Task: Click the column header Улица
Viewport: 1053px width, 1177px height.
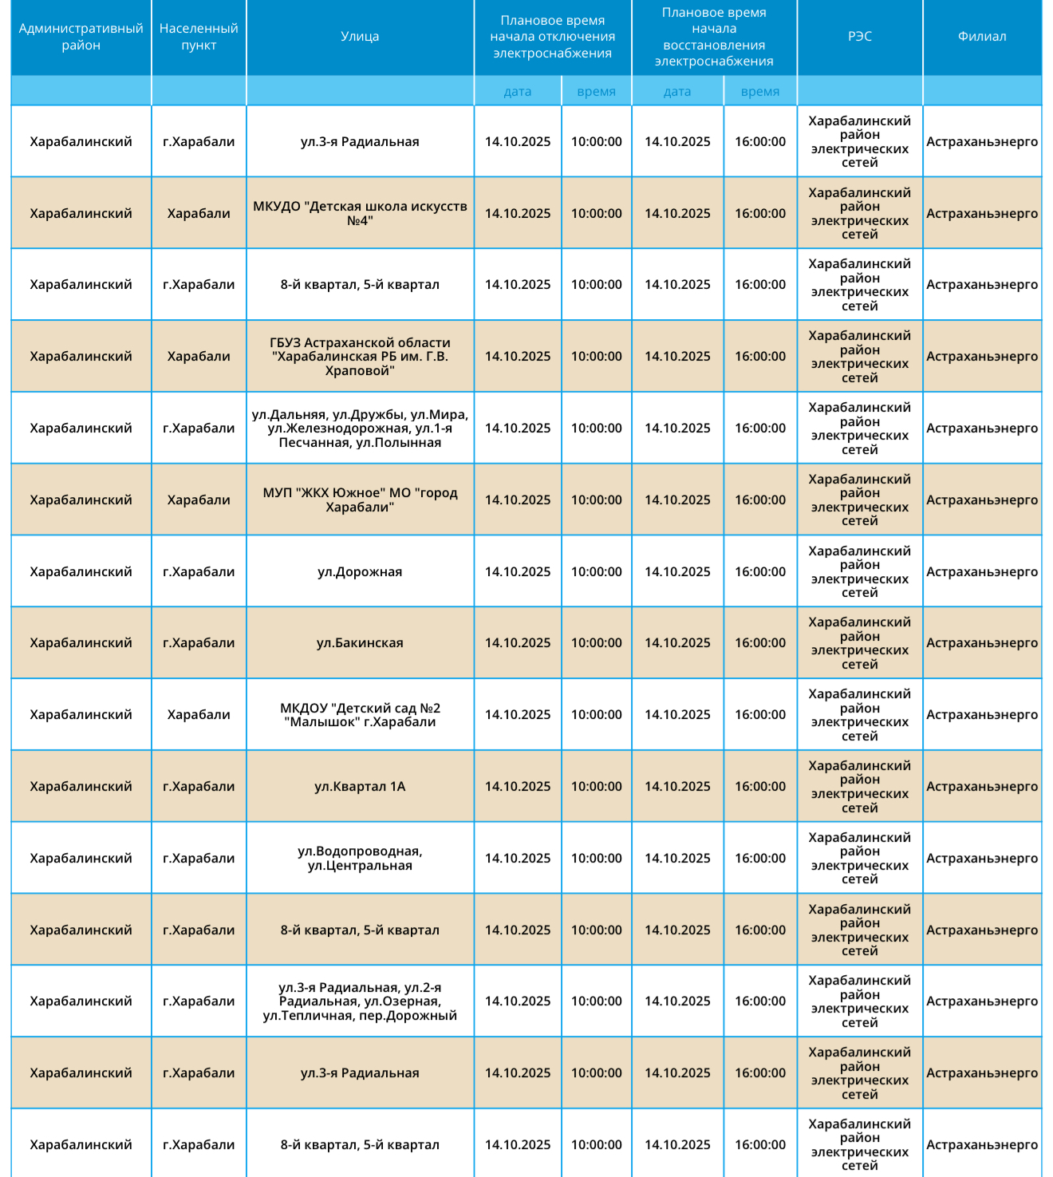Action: click(360, 37)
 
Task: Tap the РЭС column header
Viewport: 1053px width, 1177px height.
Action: click(859, 37)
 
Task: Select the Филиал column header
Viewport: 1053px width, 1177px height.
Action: click(982, 37)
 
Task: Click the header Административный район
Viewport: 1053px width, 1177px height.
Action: click(81, 37)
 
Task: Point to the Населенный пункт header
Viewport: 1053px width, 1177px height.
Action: click(199, 37)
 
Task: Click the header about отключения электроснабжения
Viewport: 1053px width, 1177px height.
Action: click(552, 37)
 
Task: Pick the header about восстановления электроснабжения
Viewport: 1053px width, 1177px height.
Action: click(714, 37)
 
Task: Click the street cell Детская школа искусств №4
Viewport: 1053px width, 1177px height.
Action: click(360, 213)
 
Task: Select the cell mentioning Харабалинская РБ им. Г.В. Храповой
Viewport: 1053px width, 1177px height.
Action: click(360, 356)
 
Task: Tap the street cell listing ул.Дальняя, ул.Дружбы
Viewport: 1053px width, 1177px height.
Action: click(360, 429)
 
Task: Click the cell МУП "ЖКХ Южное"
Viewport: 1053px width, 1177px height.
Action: click(360, 500)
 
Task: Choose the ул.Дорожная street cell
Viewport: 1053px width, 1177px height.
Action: click(360, 571)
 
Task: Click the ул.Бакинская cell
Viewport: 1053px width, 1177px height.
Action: click(360, 643)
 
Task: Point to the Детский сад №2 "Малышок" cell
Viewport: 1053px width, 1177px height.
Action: click(360, 715)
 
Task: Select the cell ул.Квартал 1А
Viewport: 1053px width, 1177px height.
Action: click(360, 787)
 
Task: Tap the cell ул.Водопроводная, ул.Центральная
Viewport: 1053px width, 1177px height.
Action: click(360, 859)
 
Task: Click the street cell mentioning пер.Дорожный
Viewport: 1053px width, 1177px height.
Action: click(360, 1001)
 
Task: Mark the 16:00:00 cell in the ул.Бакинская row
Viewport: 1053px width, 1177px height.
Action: click(760, 643)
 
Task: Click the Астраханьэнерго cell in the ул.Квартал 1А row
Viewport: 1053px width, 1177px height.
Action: click(982, 787)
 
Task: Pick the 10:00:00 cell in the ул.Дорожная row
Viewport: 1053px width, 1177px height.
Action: click(596, 571)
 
